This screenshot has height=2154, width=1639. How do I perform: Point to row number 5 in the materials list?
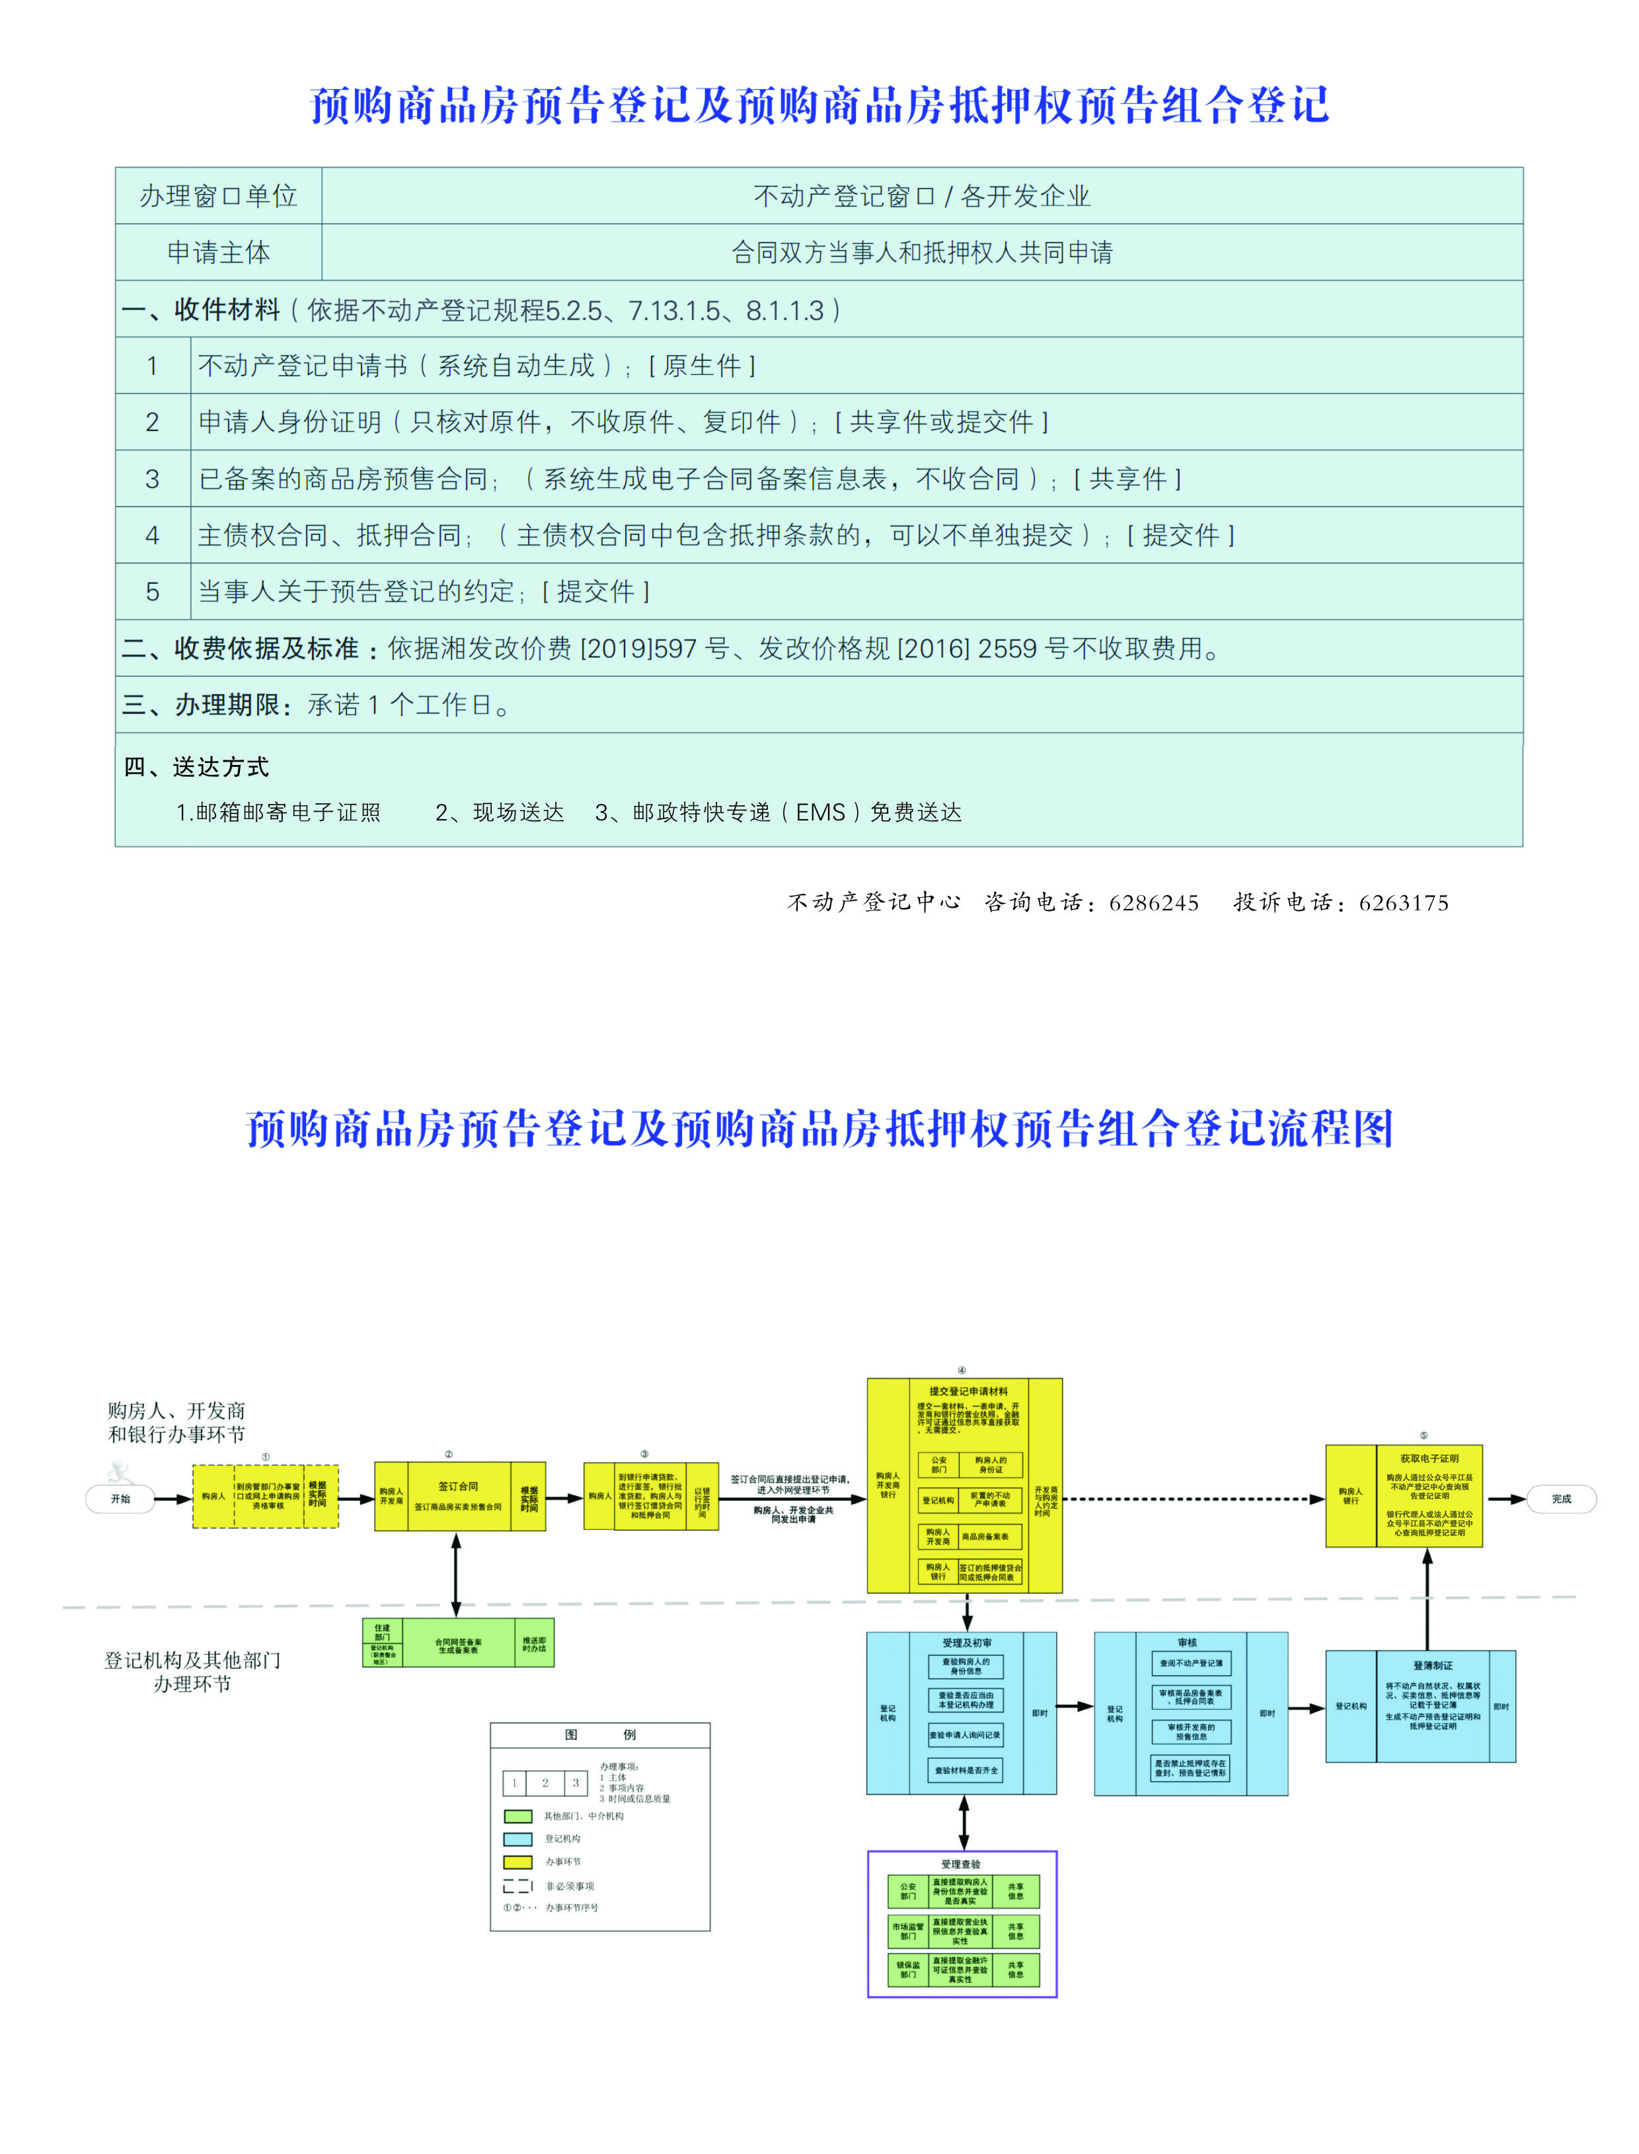click(152, 592)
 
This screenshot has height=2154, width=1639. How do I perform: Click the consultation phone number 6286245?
click(1154, 902)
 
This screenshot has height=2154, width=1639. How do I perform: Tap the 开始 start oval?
click(120, 1499)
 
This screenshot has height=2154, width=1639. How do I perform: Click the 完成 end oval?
click(1561, 1499)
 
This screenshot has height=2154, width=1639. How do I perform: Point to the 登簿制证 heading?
click(1432, 1665)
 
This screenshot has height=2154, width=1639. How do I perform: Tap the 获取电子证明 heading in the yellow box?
click(1429, 1458)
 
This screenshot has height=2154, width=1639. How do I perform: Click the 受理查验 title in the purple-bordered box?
click(961, 1864)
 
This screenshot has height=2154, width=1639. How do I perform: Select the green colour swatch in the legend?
click(517, 1816)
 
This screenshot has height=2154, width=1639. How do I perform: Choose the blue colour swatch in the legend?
click(517, 1839)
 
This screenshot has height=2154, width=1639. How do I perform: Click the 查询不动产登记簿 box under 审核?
click(1190, 1663)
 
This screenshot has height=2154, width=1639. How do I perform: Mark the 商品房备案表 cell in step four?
click(990, 1537)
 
